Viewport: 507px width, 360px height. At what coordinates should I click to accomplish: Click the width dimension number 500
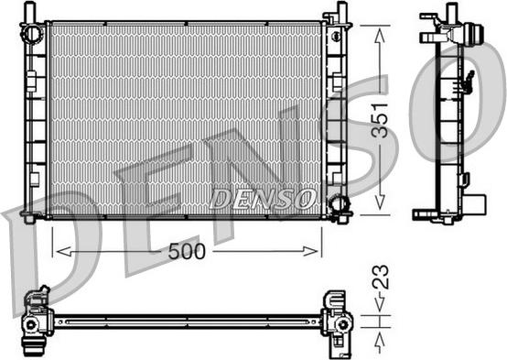pos(187,251)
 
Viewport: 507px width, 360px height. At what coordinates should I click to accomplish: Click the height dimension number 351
pos(380,120)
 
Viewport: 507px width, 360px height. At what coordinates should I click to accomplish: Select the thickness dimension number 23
pos(381,278)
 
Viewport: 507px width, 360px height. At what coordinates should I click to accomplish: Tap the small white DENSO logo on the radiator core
pos(263,199)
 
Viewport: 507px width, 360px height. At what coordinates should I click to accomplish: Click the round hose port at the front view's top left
pos(32,33)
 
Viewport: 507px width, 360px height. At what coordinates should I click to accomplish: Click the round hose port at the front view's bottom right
pos(339,203)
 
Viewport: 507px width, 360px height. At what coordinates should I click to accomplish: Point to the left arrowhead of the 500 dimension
pos(64,251)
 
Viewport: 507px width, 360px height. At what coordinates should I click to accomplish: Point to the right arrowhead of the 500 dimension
pos(310,251)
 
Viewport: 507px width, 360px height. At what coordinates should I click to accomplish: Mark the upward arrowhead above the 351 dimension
pos(380,36)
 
